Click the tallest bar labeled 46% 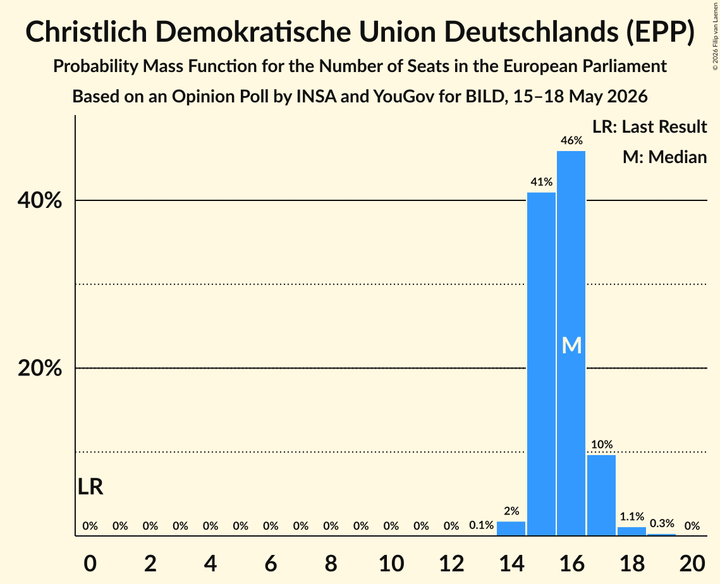(571, 343)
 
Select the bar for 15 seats (541, 363)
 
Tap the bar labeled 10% (602, 495)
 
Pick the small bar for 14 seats (511, 528)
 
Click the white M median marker (571, 345)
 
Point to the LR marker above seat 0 (90, 487)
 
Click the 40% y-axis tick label (39, 200)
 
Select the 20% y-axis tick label (39, 368)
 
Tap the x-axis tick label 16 (571, 563)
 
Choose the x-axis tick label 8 (331, 563)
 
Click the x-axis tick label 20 (692, 563)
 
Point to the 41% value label (541, 182)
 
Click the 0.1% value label (481, 525)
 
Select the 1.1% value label (632, 516)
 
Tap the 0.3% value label (662, 523)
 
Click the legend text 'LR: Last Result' (649, 126)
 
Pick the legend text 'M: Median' (664, 157)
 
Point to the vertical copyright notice (716, 36)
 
